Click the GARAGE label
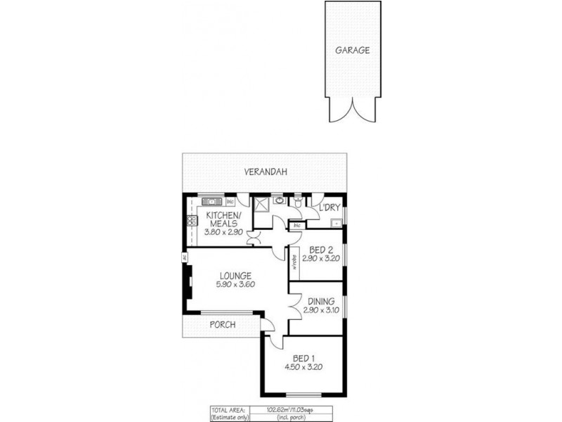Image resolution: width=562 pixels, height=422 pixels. pyautogui.click(x=353, y=51)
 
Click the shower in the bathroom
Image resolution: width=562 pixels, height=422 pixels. pyautogui.click(x=262, y=205)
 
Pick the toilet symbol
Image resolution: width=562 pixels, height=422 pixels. pyautogui.click(x=300, y=203)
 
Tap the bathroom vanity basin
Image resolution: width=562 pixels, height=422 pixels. pyautogui.click(x=280, y=200)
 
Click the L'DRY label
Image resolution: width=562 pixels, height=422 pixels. pyautogui.click(x=329, y=208)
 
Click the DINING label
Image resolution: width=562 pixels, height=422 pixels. pyautogui.click(x=320, y=301)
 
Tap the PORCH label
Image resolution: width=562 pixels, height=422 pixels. pyautogui.click(x=222, y=324)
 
